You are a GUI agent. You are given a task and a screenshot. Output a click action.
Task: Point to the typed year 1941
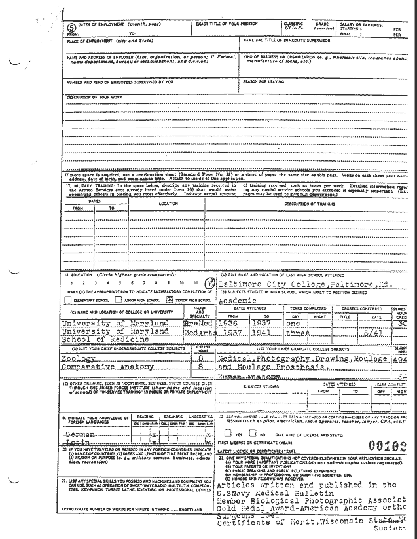pos(263,332)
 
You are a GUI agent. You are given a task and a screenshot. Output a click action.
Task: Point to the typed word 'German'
pos(77,434)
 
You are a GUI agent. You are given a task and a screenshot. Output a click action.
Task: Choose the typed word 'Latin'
pos(74,443)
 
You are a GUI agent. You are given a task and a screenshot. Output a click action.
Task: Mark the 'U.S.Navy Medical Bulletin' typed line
pos(266,492)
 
